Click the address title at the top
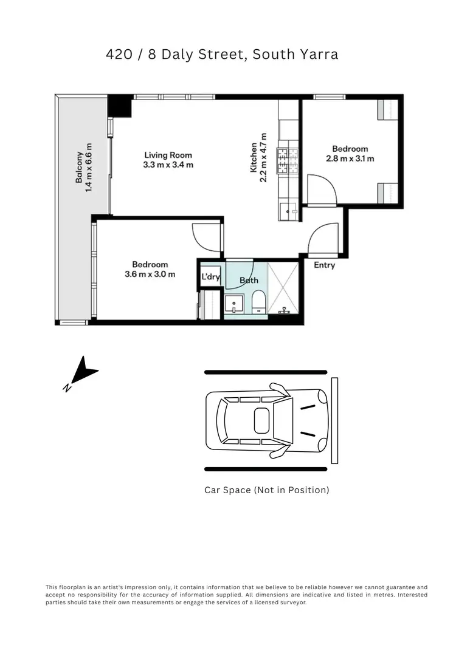click(x=222, y=54)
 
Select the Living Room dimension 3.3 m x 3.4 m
click(x=168, y=165)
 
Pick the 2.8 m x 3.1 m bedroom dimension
click(x=350, y=159)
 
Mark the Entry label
click(x=324, y=265)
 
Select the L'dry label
click(x=210, y=278)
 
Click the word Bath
click(x=249, y=280)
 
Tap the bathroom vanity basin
click(x=234, y=303)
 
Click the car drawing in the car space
click(x=266, y=420)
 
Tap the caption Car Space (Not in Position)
click(x=266, y=490)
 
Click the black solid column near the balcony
click(x=120, y=106)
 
